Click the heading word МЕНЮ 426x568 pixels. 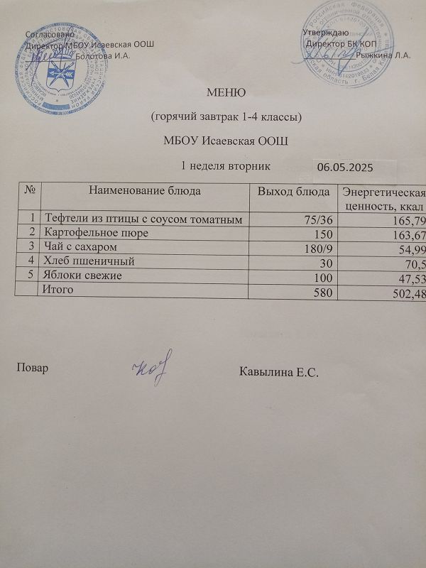[226, 92]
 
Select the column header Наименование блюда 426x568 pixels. [145, 190]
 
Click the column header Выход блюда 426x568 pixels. [293, 192]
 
